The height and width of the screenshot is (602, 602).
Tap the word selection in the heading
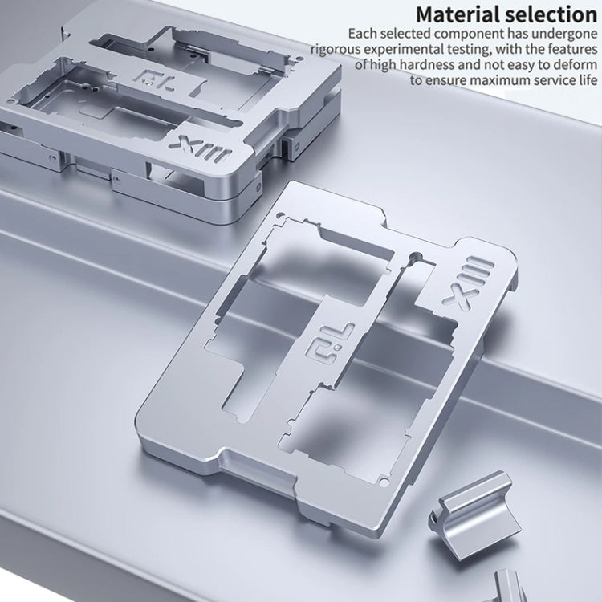tap(551, 14)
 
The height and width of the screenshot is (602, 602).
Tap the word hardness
tap(433, 65)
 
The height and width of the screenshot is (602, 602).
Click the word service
tap(544, 80)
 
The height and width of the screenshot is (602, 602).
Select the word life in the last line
tap(584, 80)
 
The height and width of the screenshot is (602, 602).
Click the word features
tap(569, 50)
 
